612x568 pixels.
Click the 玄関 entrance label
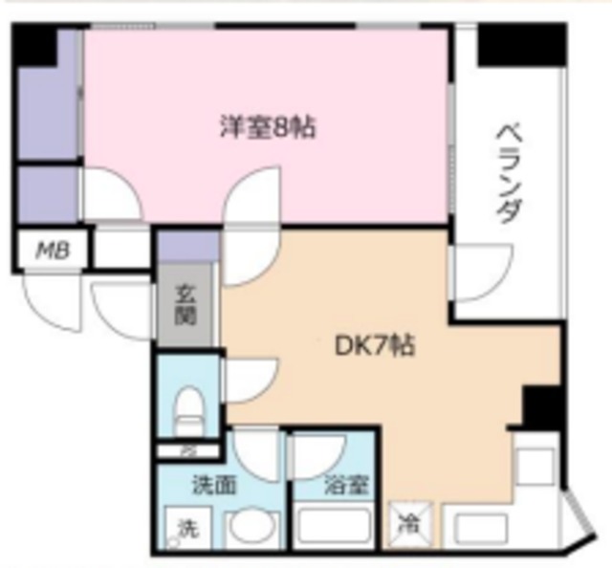pos(186,304)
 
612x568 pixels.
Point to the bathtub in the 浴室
pos(334,527)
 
